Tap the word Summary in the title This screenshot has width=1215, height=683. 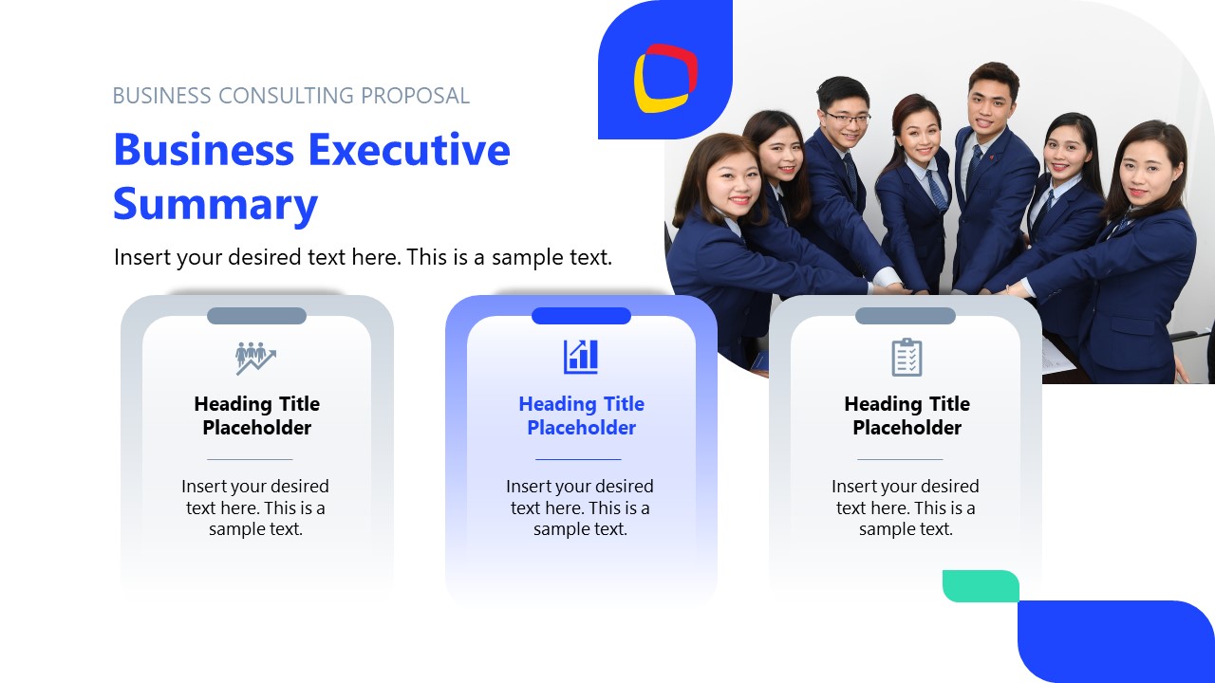[x=215, y=204]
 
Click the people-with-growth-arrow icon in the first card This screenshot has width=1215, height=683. [x=255, y=357]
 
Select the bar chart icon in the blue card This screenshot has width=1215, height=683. [x=581, y=357]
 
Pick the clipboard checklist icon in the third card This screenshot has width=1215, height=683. [x=907, y=357]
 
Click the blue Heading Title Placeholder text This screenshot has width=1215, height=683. [x=581, y=415]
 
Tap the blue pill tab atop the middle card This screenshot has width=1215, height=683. [x=581, y=316]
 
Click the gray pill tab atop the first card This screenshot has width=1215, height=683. [x=256, y=316]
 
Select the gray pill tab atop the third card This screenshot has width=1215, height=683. [x=906, y=316]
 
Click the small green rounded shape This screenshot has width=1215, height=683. [x=980, y=585]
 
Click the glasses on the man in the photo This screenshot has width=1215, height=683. [x=846, y=118]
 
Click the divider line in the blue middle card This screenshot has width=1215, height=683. [x=578, y=459]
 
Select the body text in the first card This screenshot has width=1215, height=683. [x=255, y=508]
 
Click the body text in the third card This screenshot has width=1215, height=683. [x=906, y=508]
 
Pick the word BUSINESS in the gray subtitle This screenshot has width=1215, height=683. [x=161, y=96]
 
